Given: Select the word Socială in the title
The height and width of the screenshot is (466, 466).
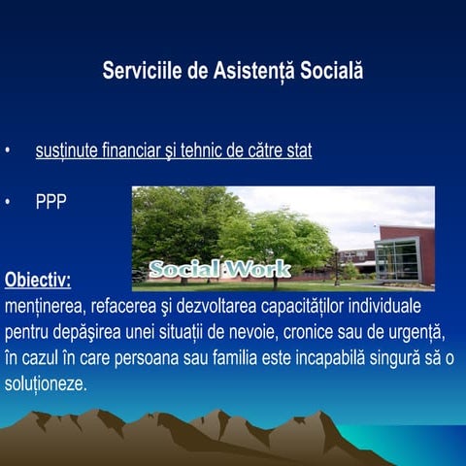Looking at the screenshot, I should [331, 73].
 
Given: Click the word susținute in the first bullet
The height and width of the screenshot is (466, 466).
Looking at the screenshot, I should [67, 152].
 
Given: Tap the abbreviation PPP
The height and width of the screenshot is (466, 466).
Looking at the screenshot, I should [50, 203].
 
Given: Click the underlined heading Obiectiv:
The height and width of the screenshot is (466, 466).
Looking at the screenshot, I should [38, 282].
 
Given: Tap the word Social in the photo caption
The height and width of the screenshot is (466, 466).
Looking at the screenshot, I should [184, 269].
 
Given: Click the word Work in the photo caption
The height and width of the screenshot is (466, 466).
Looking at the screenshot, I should [257, 269].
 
